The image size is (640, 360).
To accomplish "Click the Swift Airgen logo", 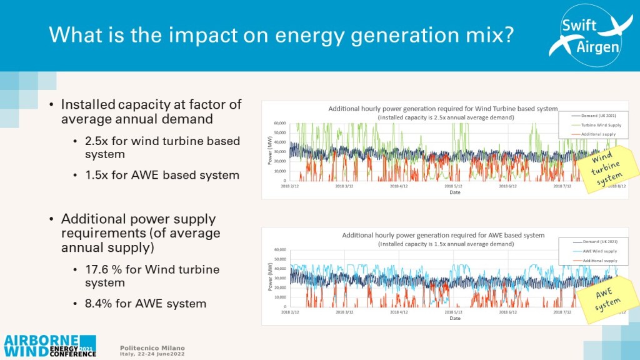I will tap(585, 36).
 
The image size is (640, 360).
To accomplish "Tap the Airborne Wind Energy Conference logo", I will tap(50, 345).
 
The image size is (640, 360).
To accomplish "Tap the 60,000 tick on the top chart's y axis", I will tap(279, 123).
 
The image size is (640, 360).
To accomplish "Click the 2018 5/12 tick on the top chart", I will tap(453, 186).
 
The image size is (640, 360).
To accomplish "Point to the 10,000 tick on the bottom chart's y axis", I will tap(279, 296).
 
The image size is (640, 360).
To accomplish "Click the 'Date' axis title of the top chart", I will tap(454, 192).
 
